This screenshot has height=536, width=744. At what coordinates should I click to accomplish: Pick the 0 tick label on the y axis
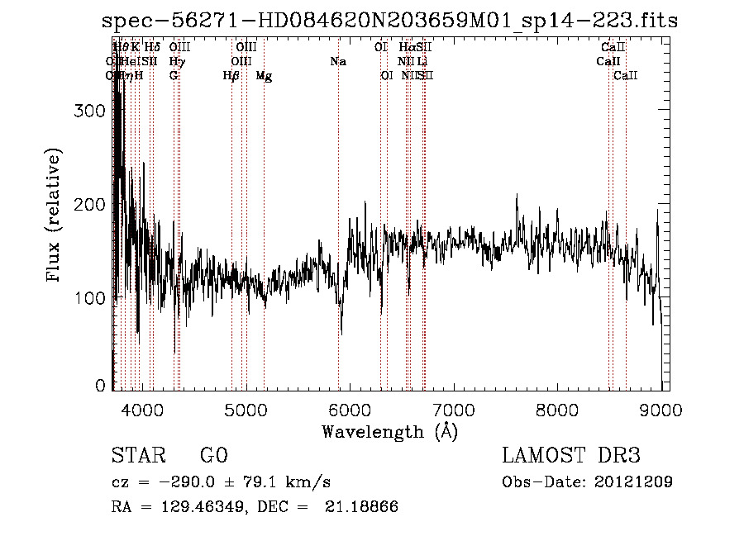(101, 385)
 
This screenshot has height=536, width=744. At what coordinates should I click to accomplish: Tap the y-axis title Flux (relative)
(55, 216)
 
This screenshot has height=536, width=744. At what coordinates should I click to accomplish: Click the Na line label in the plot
(337, 62)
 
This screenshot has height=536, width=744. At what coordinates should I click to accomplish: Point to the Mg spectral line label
(264, 76)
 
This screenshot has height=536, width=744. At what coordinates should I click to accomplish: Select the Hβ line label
(231, 76)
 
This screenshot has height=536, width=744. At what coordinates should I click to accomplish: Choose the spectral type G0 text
(213, 456)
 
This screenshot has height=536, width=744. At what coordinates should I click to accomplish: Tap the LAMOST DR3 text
(571, 456)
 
